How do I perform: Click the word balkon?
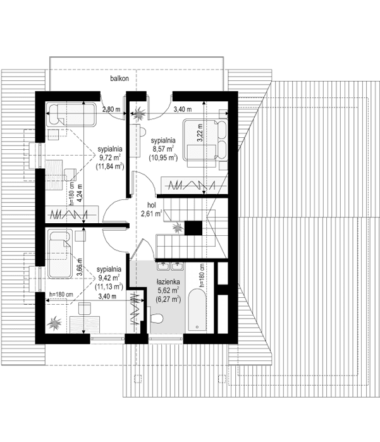118,78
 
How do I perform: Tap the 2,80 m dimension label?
112,109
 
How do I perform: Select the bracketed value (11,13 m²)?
109,286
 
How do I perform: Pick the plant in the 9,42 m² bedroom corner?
54,322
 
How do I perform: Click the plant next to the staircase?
179,226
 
